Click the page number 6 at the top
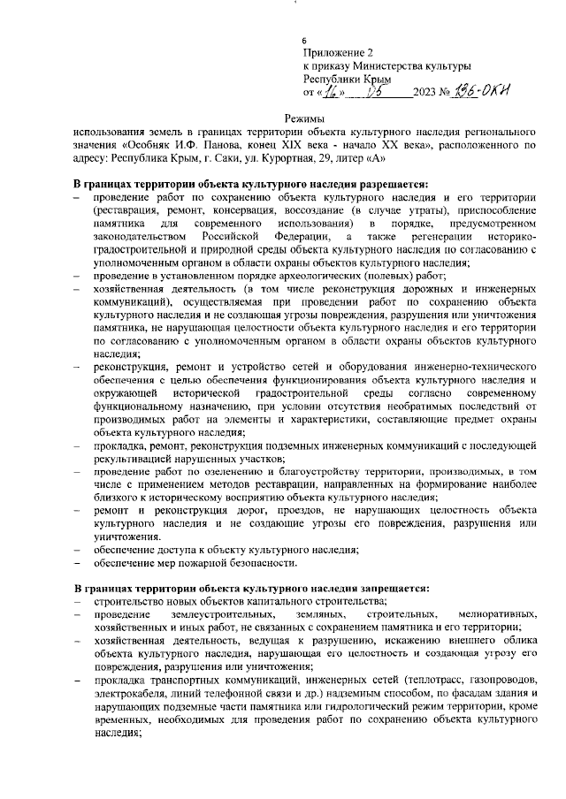[305, 42]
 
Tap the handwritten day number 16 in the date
[329, 90]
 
